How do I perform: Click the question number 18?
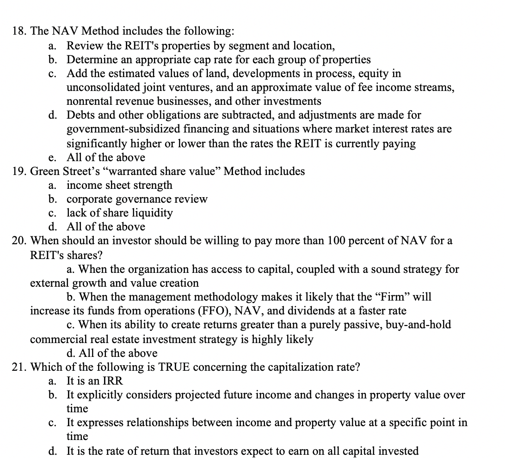click(19, 31)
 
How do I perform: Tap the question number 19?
click(19, 171)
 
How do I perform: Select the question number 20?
click(19, 241)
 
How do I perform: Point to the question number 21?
click(19, 368)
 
